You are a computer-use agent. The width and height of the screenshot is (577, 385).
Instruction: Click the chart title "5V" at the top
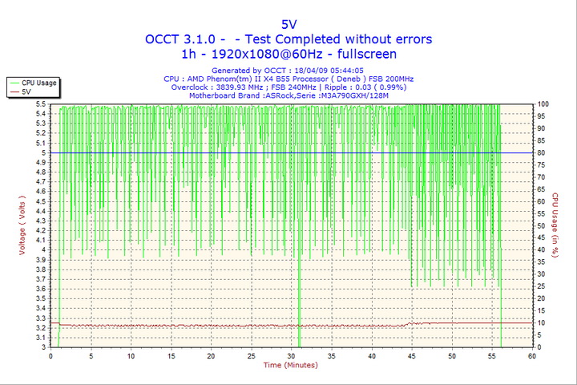tap(288, 24)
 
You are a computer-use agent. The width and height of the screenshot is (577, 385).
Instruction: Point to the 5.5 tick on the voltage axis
tap(40, 104)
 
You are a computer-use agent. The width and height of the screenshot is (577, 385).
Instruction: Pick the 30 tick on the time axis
tap(291, 355)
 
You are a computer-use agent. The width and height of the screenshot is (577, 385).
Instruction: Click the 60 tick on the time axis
tap(531, 355)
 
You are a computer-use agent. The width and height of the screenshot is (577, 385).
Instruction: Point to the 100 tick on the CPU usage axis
tap(543, 104)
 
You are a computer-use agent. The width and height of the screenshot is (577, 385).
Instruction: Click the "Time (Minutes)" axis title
tap(291, 366)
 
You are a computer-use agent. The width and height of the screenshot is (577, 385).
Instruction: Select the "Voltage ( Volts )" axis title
tap(23, 225)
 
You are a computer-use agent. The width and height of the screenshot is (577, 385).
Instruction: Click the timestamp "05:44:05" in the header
tap(341, 71)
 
